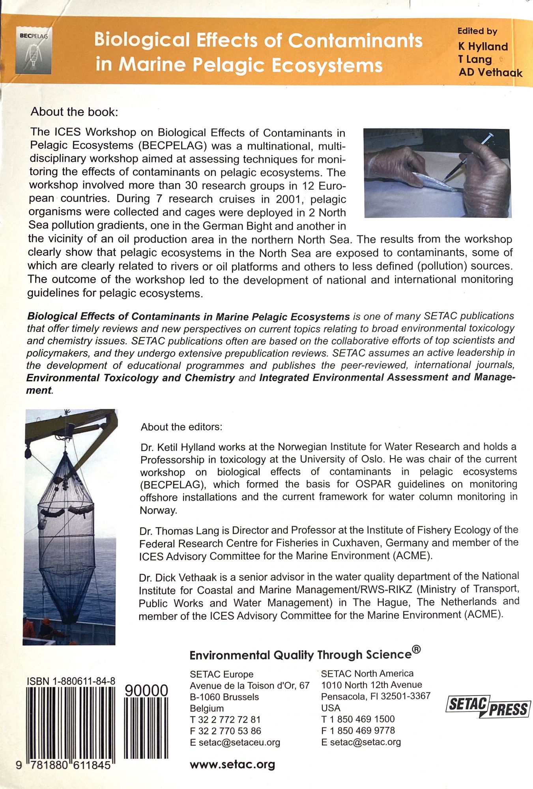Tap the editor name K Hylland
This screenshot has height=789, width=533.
483,47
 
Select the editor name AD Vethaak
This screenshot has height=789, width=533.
490,73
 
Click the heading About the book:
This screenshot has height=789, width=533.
74,112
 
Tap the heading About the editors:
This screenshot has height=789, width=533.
181,427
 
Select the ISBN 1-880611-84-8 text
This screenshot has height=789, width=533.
71,681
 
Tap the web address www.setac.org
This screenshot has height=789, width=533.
232,765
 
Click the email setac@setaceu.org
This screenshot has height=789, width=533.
239,742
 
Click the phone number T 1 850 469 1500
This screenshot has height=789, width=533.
358,719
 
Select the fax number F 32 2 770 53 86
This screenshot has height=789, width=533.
225,731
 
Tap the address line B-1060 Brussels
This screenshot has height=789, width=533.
224,697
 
